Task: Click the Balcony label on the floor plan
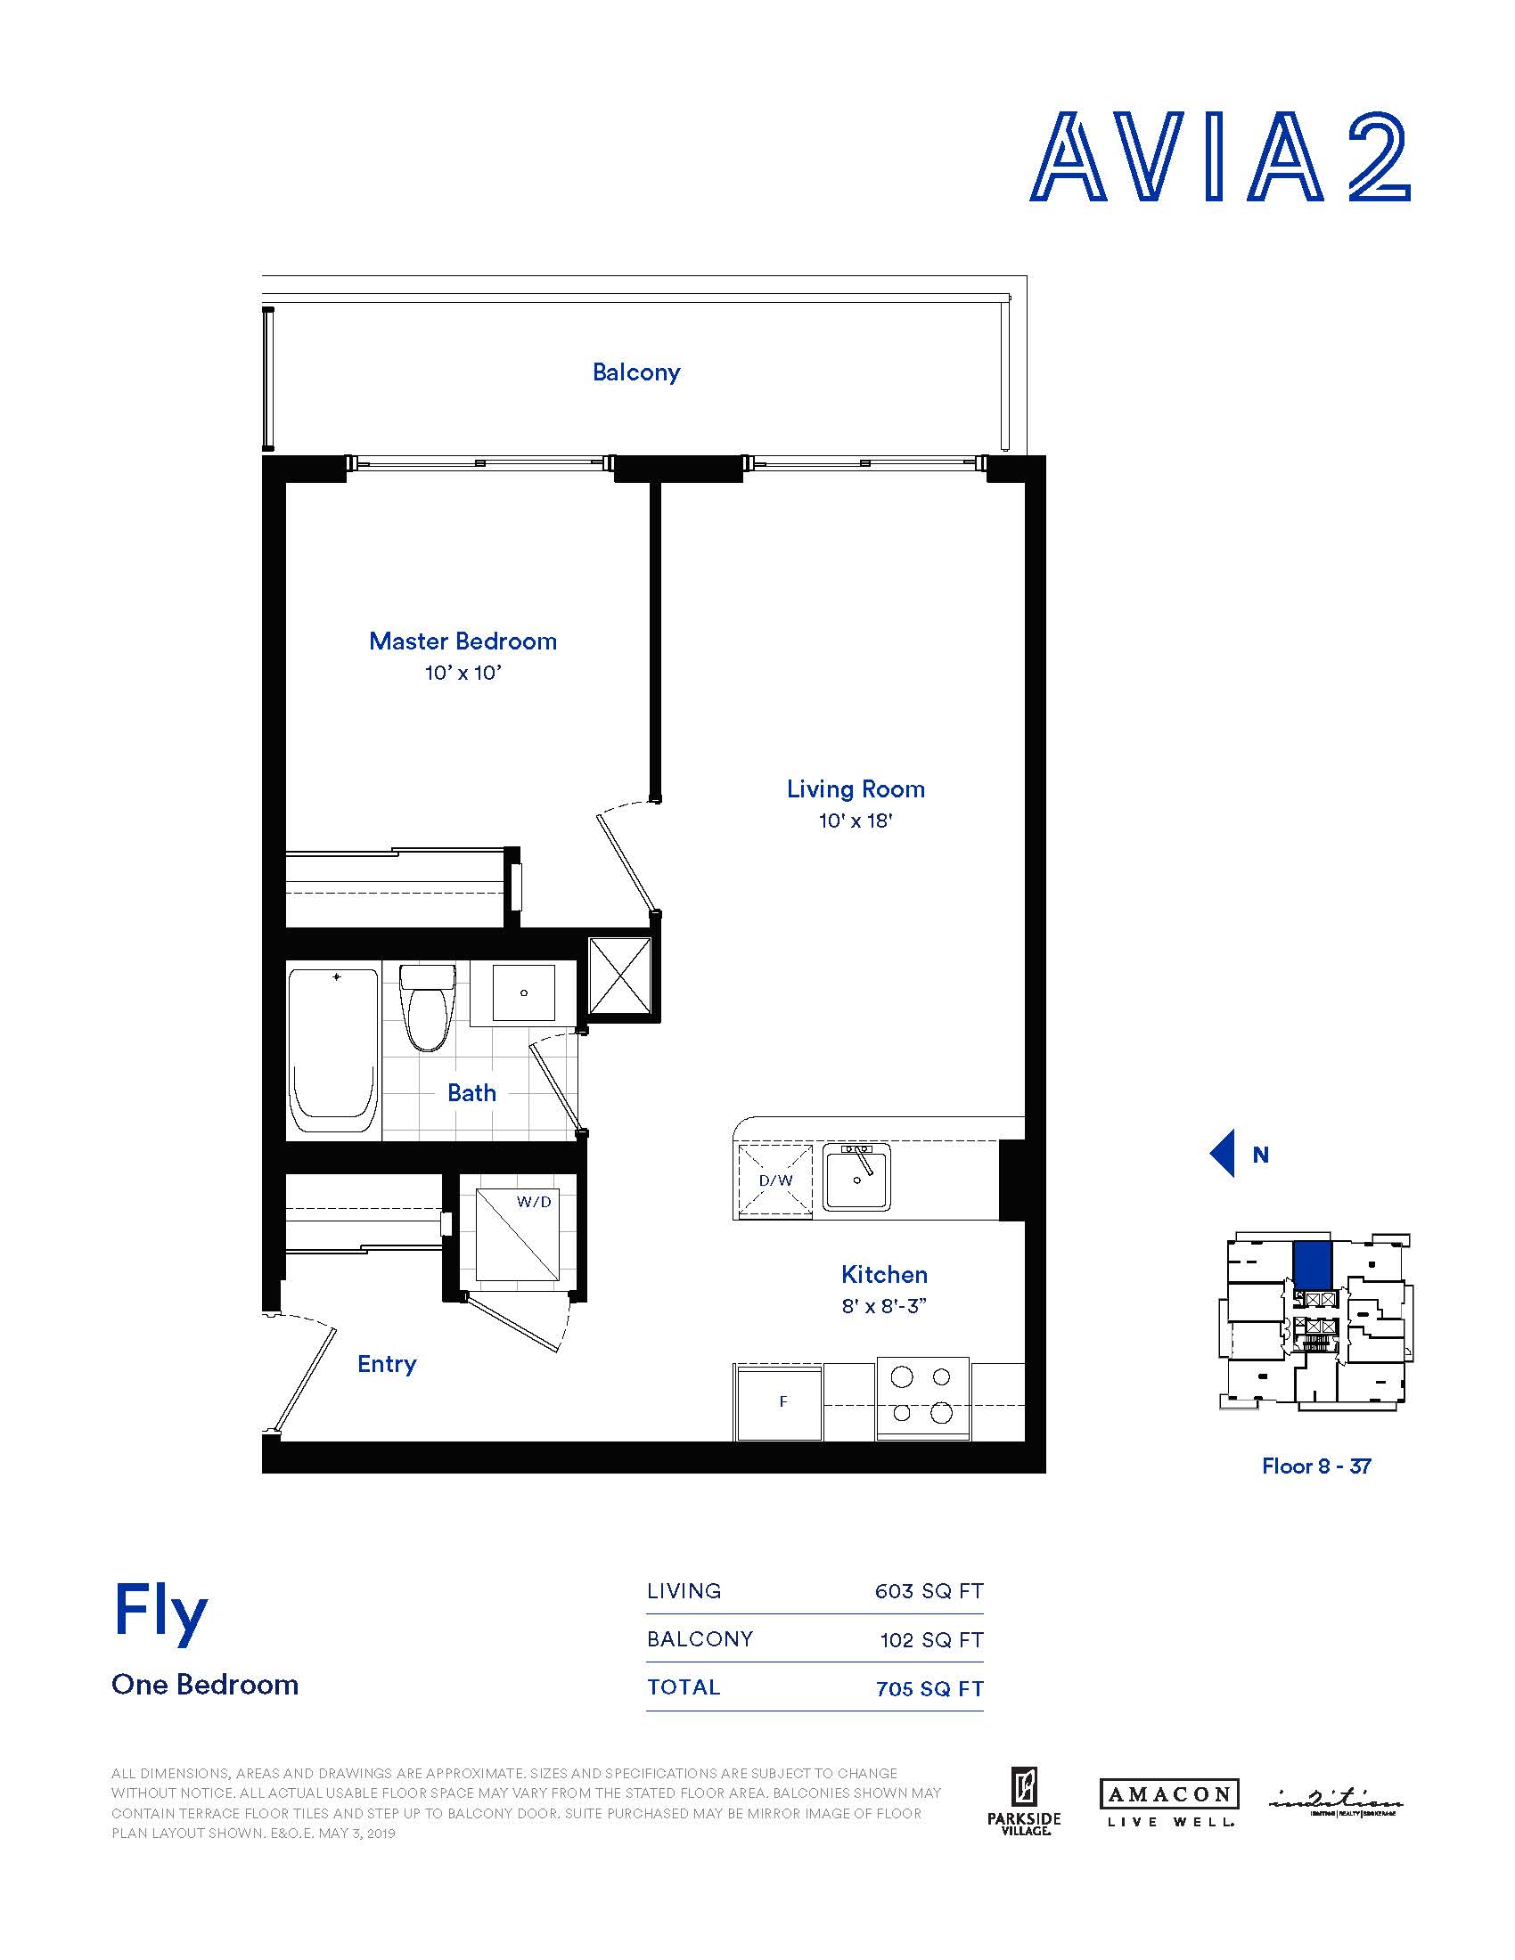click(x=635, y=372)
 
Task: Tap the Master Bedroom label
click(x=463, y=641)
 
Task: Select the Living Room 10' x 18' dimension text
click(x=855, y=821)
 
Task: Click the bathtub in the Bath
click(x=332, y=1054)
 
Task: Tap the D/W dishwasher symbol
click(x=774, y=1180)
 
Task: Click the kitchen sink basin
click(x=857, y=1177)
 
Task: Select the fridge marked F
click(x=780, y=1401)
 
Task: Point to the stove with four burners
click(x=921, y=1395)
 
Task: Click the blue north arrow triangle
click(x=1223, y=1154)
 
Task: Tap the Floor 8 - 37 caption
click(x=1315, y=1466)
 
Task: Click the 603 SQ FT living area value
click(x=929, y=1591)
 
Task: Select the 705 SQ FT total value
click(x=929, y=1688)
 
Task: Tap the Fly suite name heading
click(x=160, y=1613)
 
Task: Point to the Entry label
click(x=387, y=1364)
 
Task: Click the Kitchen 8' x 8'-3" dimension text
click(x=883, y=1306)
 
